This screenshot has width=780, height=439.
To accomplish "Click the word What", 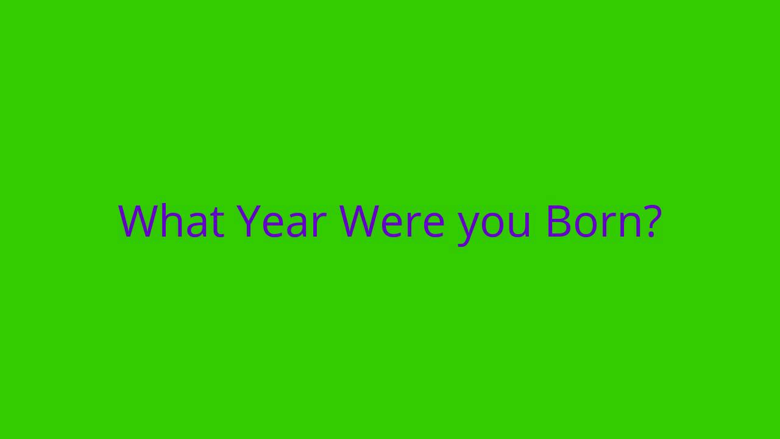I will [171, 221].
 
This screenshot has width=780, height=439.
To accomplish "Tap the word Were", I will [392, 221].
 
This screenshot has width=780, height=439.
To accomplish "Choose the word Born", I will [594, 221].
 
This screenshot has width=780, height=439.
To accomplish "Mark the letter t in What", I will [217, 223].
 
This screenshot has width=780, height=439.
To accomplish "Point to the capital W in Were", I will [360, 221].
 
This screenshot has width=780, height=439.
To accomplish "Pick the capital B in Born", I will [559, 221].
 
